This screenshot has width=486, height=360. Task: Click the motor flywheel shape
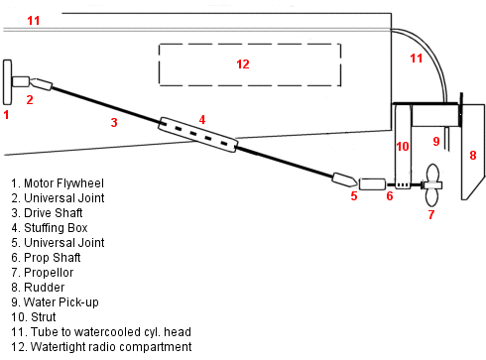click(7, 82)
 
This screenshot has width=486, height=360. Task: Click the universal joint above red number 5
click(344, 180)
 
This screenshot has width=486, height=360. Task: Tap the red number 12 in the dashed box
click(243, 63)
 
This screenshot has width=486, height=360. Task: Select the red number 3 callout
click(114, 123)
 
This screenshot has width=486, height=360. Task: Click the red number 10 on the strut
click(402, 147)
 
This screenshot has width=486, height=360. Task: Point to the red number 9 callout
click(435, 142)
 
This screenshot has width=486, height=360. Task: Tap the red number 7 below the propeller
click(430, 214)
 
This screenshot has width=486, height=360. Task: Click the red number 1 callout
click(6, 115)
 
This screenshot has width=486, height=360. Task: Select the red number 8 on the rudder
click(472, 155)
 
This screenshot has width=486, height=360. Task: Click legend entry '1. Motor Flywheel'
click(57, 183)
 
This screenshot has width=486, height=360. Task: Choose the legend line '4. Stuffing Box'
click(52, 228)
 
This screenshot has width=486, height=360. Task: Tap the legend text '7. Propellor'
click(46, 272)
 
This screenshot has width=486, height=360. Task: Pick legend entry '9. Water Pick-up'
click(56, 301)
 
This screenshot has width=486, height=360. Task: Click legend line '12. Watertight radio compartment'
click(101, 346)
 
